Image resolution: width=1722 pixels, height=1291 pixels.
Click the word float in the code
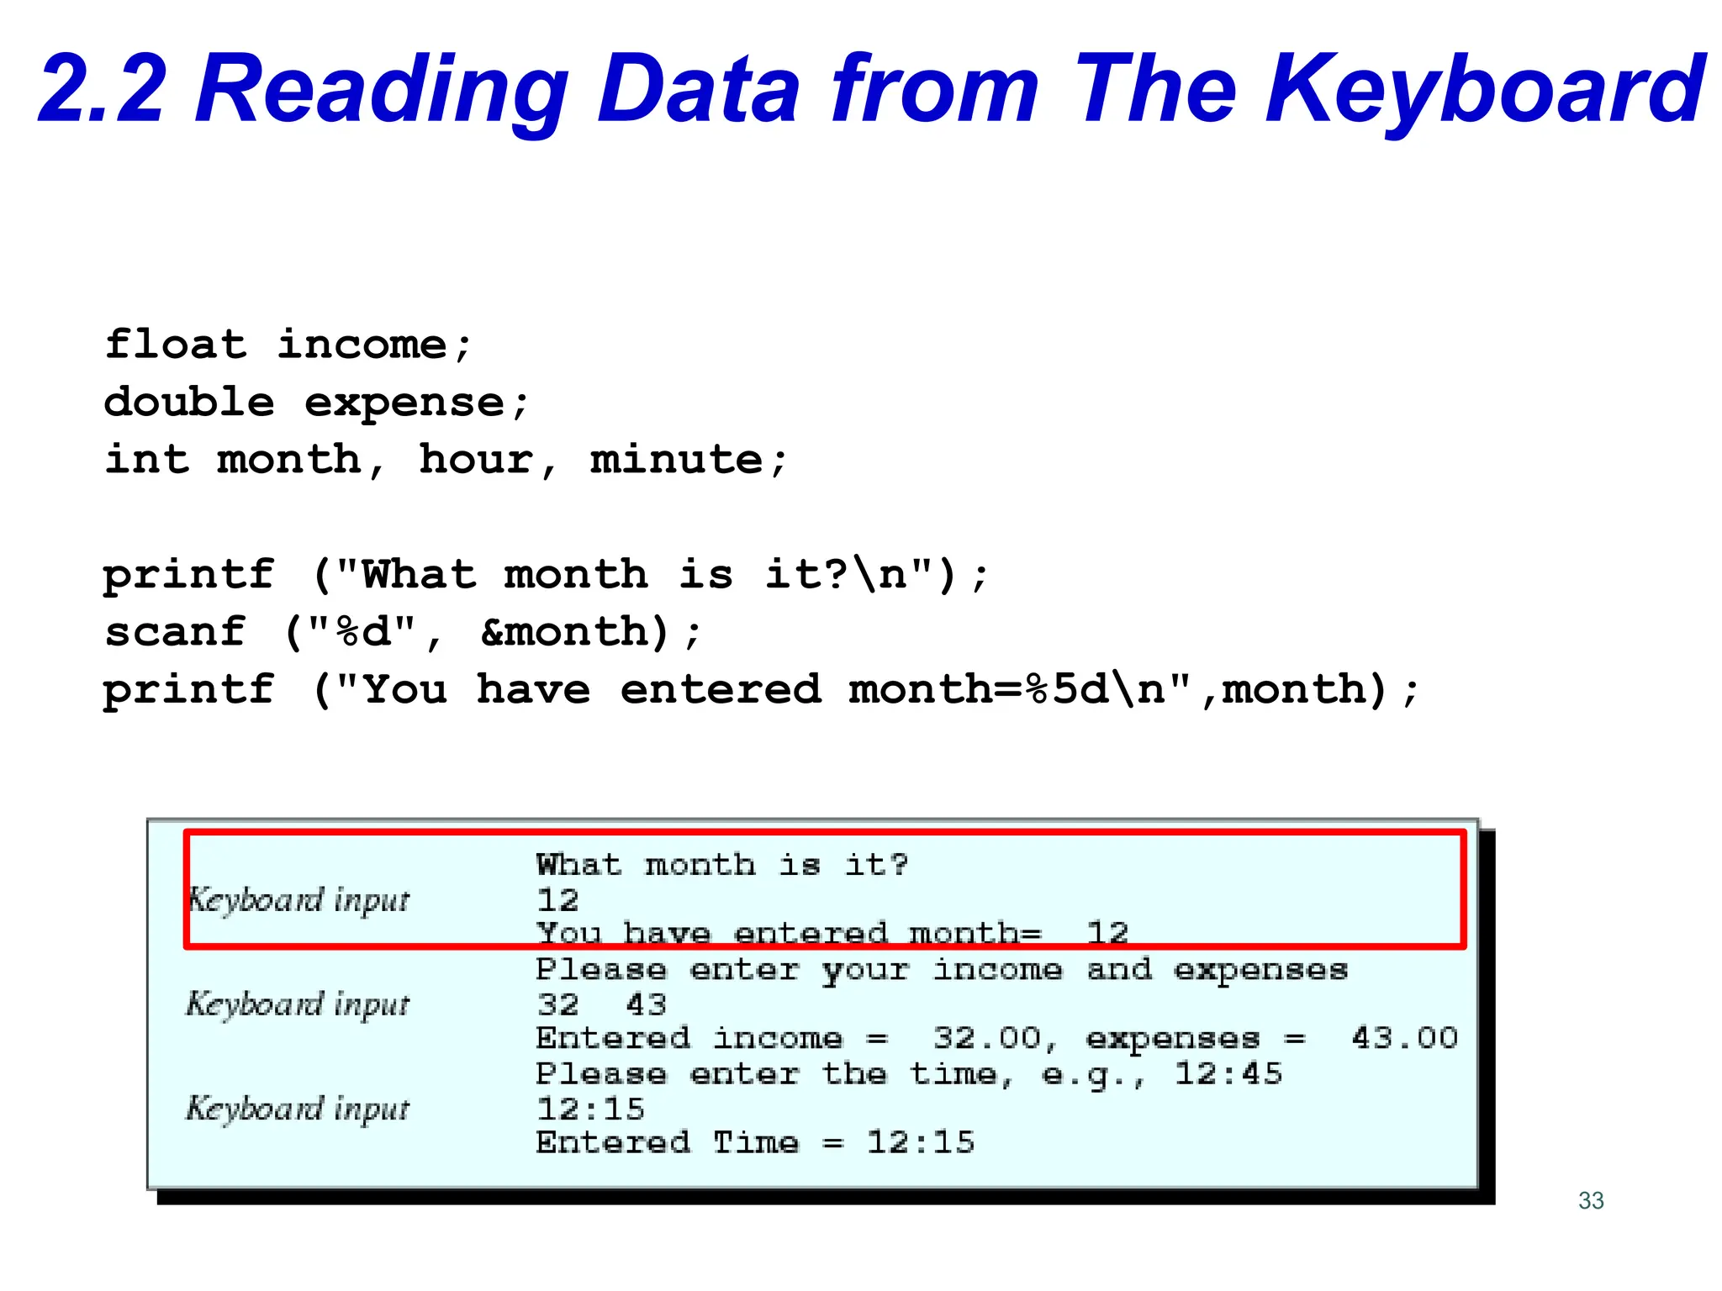pos(176,345)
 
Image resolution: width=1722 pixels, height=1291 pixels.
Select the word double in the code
pos(189,403)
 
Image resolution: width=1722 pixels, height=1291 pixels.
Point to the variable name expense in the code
pos(404,403)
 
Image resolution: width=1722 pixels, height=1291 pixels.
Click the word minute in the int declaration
pos(677,460)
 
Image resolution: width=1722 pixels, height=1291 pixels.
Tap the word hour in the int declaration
pos(476,460)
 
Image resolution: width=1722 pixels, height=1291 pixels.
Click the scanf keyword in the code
pos(176,632)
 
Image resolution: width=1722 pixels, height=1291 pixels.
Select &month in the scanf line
pos(575,632)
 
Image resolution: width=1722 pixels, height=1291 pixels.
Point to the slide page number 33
pos(1591,1200)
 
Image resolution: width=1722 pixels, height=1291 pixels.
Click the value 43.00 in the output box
pos(1405,1038)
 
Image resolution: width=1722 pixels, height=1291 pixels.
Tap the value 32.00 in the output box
pos(987,1038)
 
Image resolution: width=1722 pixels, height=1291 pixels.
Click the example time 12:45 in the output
pos(1228,1073)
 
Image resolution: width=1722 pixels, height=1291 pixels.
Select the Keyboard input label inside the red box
pos(298,900)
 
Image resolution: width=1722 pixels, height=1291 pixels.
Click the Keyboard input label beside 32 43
pos(298,1004)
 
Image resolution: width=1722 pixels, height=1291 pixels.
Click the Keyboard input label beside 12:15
pos(298,1109)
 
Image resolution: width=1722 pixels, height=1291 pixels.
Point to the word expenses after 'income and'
pos(1260,970)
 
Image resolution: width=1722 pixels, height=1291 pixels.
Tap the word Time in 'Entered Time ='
pos(755,1143)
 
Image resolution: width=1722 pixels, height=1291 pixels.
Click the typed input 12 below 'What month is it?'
pos(558,900)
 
